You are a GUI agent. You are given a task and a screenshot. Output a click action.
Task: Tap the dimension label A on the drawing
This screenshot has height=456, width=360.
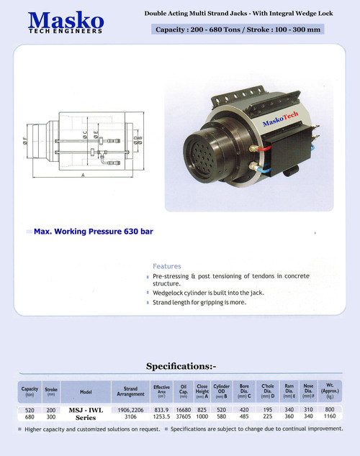coord(84,175)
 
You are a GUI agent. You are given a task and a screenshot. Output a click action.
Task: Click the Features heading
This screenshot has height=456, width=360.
coord(166,265)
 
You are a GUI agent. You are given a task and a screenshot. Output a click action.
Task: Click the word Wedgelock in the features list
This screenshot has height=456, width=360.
coord(169,293)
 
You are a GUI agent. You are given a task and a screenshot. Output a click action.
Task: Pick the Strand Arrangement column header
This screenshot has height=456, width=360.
coord(130,391)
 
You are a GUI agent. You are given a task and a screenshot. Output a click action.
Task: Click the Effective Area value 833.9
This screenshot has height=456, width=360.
coord(161,409)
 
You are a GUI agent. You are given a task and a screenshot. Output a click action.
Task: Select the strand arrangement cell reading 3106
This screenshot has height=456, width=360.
coord(130,417)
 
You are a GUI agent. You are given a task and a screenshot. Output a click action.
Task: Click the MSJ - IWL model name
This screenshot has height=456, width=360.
coord(86,409)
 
